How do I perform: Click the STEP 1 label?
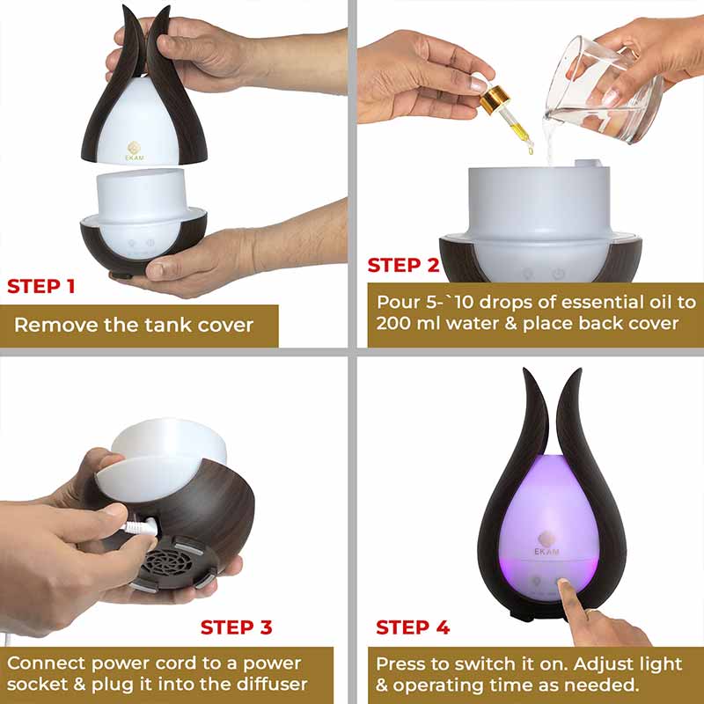[40, 286]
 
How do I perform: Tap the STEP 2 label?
[403, 265]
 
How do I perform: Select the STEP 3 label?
[236, 627]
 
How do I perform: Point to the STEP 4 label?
[413, 627]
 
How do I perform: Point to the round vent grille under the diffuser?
[172, 562]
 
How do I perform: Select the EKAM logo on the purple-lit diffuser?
[546, 544]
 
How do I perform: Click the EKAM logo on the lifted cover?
[135, 150]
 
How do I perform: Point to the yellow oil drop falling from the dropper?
[531, 150]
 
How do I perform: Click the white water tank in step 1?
[143, 212]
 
